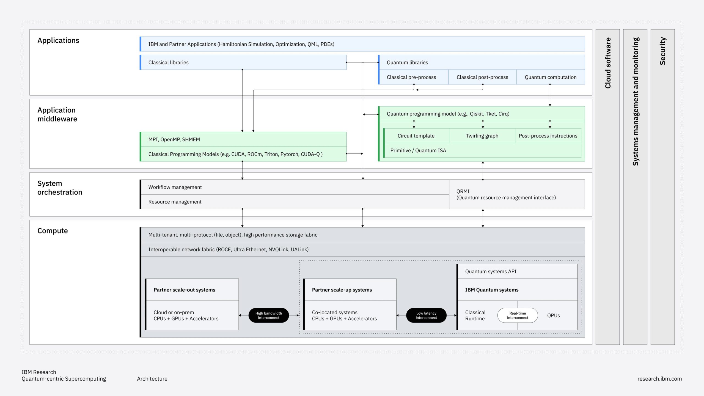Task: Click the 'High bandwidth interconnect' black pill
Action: point(268,315)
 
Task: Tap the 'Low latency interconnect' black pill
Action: point(426,315)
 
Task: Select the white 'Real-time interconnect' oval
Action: point(517,315)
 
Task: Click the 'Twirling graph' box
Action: point(482,136)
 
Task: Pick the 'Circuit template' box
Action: point(416,136)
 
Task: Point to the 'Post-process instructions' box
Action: point(548,136)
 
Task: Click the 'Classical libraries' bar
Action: point(243,62)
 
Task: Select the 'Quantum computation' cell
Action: point(550,77)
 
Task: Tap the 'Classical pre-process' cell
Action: point(411,77)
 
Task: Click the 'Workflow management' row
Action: point(294,187)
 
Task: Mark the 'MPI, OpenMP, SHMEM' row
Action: point(243,139)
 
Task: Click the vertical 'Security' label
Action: point(662,51)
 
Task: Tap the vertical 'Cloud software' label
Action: point(607,63)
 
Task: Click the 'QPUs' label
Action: point(553,315)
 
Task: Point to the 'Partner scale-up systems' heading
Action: point(342,290)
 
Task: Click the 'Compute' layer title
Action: point(53,231)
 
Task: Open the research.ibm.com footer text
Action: point(659,379)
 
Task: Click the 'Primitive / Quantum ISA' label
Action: point(418,150)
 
